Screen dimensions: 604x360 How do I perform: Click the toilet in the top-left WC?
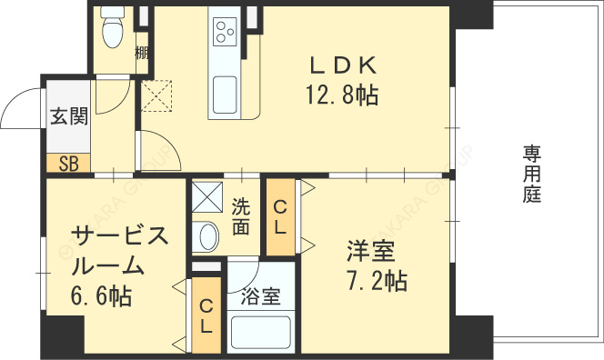click(x=112, y=27)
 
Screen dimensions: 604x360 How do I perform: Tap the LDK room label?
click(x=343, y=65)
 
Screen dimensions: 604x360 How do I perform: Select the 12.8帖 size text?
click(x=342, y=95)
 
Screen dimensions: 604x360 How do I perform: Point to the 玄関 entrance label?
click(x=69, y=115)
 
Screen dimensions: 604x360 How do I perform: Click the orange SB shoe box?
click(x=68, y=163)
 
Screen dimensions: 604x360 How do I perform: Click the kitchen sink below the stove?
click(x=225, y=95)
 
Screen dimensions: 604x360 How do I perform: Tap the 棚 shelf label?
click(x=142, y=53)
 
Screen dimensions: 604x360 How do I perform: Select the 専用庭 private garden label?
click(x=532, y=174)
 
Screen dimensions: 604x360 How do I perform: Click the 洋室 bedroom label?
click(x=371, y=251)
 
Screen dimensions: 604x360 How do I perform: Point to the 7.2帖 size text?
click(x=377, y=281)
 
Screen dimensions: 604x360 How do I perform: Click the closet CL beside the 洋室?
click(x=281, y=216)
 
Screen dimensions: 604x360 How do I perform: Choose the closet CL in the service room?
click(x=206, y=315)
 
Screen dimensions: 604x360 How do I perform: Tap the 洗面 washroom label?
click(x=240, y=217)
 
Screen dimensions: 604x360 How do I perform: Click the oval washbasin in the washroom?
click(x=206, y=236)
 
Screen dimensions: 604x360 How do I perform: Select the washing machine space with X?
click(x=207, y=196)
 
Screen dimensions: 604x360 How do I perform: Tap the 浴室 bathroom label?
click(x=261, y=297)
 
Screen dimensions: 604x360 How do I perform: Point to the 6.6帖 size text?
click(x=101, y=296)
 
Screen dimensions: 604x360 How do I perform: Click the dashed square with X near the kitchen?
click(x=156, y=95)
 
